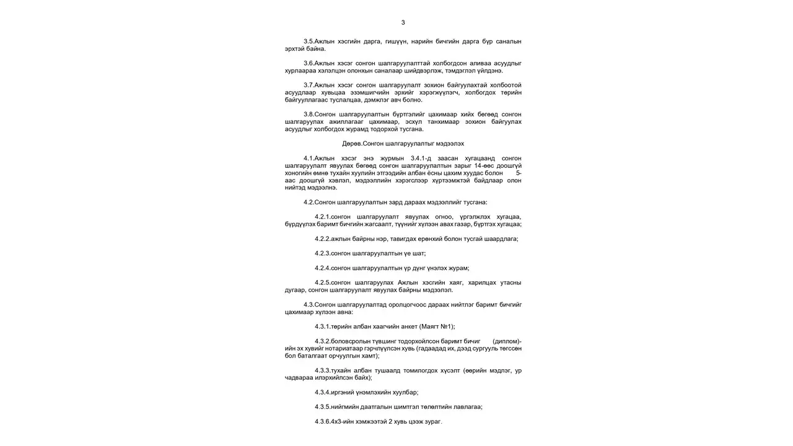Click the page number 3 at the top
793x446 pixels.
click(403, 22)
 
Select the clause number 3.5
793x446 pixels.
click(309, 42)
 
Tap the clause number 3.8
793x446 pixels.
click(309, 115)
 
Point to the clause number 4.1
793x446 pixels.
click(309, 159)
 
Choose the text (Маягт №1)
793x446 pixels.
click(440, 326)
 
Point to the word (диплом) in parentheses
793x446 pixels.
click(507, 341)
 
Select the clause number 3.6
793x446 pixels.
click(309, 63)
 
